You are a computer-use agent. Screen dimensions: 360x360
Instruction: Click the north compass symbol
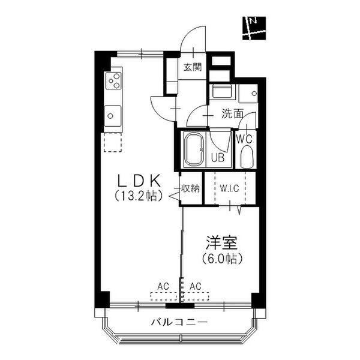click(254, 28)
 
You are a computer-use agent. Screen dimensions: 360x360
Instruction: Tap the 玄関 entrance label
click(193, 67)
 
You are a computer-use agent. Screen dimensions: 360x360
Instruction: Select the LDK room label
click(139, 181)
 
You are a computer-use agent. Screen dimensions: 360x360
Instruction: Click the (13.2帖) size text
click(139, 196)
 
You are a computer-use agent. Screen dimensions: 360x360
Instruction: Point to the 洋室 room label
click(221, 242)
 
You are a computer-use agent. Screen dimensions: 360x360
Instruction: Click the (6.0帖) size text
click(222, 259)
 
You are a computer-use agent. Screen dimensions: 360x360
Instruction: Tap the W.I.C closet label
click(229, 188)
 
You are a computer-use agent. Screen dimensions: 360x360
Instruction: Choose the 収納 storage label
click(191, 189)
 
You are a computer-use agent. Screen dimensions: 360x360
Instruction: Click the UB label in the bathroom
click(218, 158)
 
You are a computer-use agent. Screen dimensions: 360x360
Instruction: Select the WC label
click(244, 139)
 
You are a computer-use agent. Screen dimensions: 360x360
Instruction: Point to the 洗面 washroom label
click(232, 114)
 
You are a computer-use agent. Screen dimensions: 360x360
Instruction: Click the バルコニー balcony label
click(179, 322)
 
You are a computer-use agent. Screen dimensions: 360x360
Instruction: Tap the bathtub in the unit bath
click(194, 149)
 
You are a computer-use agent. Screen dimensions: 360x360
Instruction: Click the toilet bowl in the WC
click(247, 158)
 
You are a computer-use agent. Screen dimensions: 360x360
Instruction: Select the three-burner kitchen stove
click(114, 80)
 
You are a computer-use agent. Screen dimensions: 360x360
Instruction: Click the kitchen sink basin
click(113, 115)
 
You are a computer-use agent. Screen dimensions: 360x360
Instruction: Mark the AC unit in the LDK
click(163, 296)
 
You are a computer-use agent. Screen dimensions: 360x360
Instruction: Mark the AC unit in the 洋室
click(196, 296)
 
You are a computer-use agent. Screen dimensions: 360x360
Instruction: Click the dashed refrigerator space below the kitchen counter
click(113, 142)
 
